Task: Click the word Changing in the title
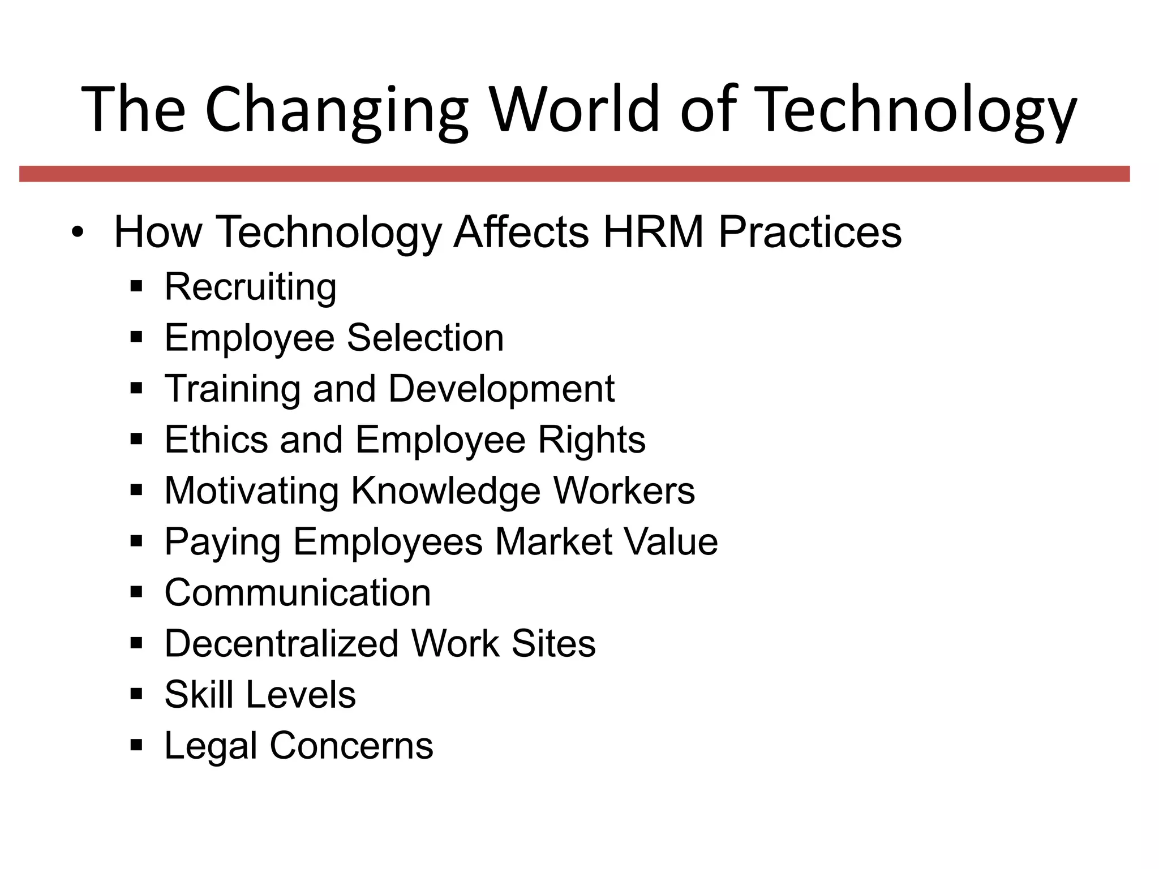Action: click(336, 110)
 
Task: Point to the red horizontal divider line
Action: click(574, 174)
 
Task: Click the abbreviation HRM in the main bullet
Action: click(653, 232)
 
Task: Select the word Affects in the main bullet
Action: click(521, 232)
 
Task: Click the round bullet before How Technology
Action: click(78, 233)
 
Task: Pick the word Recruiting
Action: click(250, 287)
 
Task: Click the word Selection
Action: click(425, 338)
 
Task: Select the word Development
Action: click(501, 389)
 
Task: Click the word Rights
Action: click(591, 440)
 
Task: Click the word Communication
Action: click(298, 592)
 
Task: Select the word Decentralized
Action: click(281, 643)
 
